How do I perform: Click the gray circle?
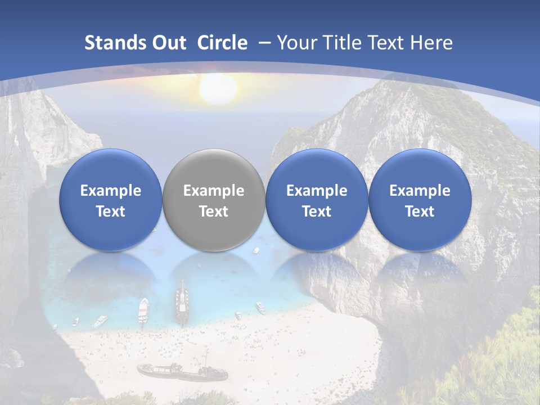(214, 200)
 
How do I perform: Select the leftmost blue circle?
(111, 200)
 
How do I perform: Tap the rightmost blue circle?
(420, 200)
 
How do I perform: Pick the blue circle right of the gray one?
(317, 200)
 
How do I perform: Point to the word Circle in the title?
(222, 43)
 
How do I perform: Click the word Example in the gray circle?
(214, 191)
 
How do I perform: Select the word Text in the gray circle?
(214, 211)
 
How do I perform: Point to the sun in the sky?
(218, 89)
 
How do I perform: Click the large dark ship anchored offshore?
(182, 304)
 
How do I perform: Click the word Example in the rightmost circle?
(420, 191)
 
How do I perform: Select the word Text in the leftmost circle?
(111, 211)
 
